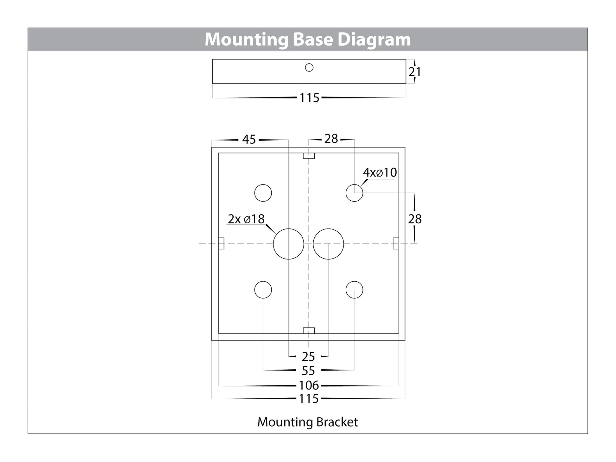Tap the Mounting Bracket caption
click(307, 422)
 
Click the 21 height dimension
click(414, 72)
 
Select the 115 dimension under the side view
click(309, 98)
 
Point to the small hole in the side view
click(309, 67)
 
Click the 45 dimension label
click(249, 140)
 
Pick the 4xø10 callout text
click(380, 172)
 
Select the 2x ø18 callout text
click(246, 219)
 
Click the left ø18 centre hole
click(288, 244)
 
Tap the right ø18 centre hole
click(328, 244)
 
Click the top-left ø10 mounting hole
click(263, 193)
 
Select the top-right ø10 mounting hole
click(354, 193)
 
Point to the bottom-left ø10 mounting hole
click(263, 290)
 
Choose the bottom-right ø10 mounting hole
click(354, 290)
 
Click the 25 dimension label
click(308, 357)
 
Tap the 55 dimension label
click(308, 371)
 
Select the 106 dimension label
click(309, 385)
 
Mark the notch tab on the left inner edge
click(221, 243)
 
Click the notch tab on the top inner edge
click(309, 156)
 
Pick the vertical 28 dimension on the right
click(415, 219)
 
